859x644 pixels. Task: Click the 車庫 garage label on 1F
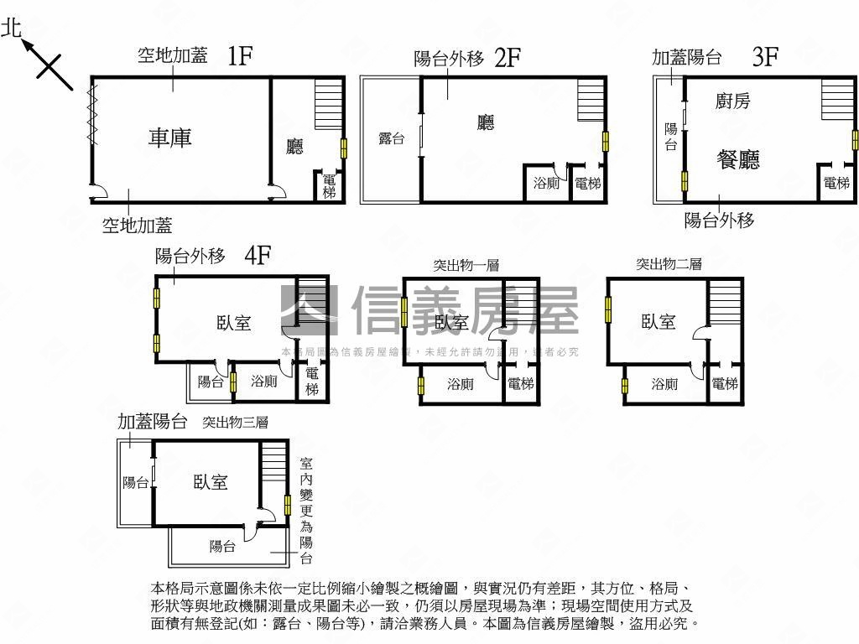tap(170, 138)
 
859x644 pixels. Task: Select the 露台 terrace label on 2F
tap(391, 138)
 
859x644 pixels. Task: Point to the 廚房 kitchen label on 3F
tap(732, 101)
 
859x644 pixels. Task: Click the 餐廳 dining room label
tap(738, 159)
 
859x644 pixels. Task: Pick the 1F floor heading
tap(240, 56)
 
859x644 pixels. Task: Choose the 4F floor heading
tap(258, 255)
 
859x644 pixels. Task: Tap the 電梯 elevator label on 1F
tap(329, 186)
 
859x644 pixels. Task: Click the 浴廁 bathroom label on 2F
tap(547, 183)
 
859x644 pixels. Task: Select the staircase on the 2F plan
tap(591, 101)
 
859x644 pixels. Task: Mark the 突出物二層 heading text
tap(669, 264)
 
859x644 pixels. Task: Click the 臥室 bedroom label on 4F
tap(233, 322)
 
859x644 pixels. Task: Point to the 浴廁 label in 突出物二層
tap(664, 384)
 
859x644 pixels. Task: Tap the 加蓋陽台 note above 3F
tap(687, 57)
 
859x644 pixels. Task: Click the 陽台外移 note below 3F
tap(719, 220)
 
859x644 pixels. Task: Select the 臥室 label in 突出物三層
tap(211, 482)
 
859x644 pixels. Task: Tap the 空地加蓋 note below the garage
tap(138, 225)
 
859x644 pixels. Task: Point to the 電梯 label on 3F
tap(836, 183)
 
